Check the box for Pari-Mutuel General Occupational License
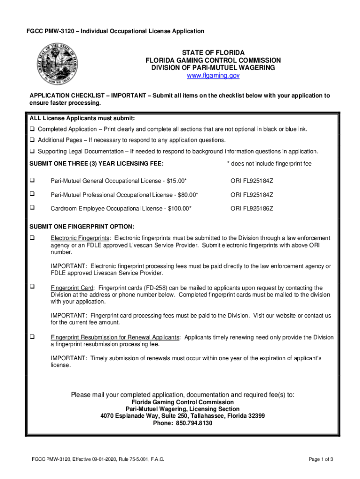pos(33,180)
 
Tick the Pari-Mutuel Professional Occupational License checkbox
pos(33,194)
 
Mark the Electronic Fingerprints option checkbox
pos(33,238)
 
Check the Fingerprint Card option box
pos(33,287)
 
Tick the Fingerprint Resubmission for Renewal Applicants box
pos(33,336)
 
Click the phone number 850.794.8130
pos(194,423)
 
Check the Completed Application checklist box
pos(33,129)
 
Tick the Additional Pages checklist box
pos(33,140)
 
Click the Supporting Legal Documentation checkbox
pos(33,152)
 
